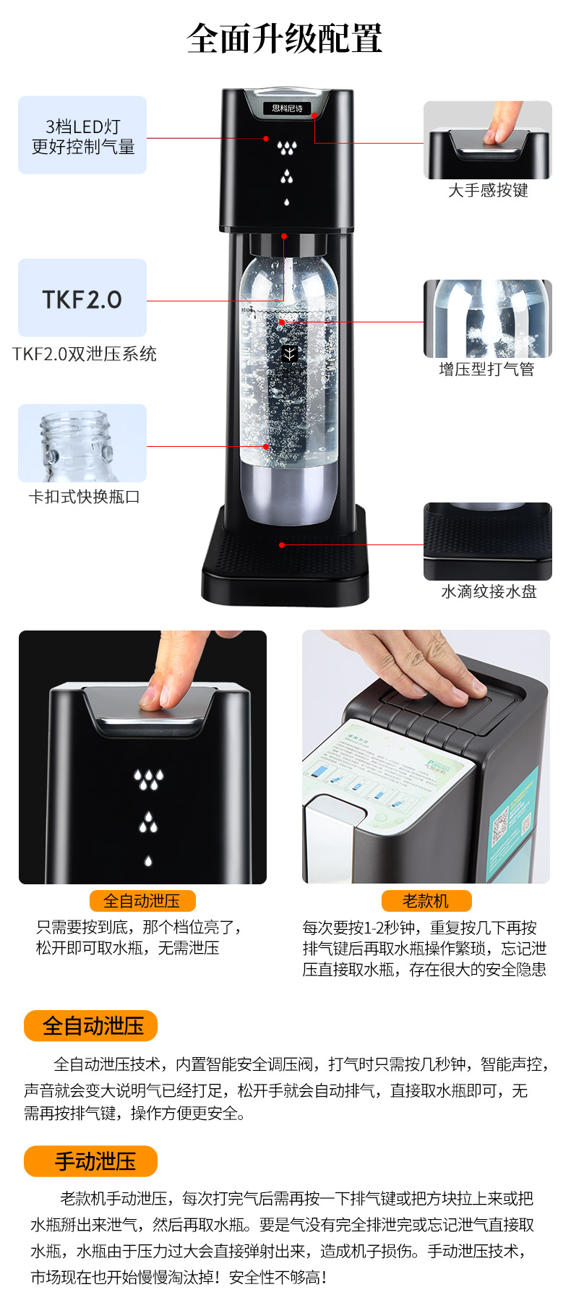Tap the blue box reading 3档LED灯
coord(82,135)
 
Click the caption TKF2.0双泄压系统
coord(85,354)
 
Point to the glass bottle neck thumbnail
coord(82,443)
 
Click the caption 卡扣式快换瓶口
coord(84,497)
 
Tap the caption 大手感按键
coord(488,190)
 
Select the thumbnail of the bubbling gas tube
coord(487,318)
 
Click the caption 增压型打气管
coord(487,369)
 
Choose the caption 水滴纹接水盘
coord(489,591)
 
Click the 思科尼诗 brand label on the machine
coord(287,108)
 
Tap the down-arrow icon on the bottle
coord(289,354)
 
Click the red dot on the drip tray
coord(282,544)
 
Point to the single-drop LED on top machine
coord(287,202)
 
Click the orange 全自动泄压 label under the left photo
coord(142,901)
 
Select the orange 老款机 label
coord(426,901)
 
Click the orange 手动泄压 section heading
coord(91,1161)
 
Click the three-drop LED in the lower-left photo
coord(148,779)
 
